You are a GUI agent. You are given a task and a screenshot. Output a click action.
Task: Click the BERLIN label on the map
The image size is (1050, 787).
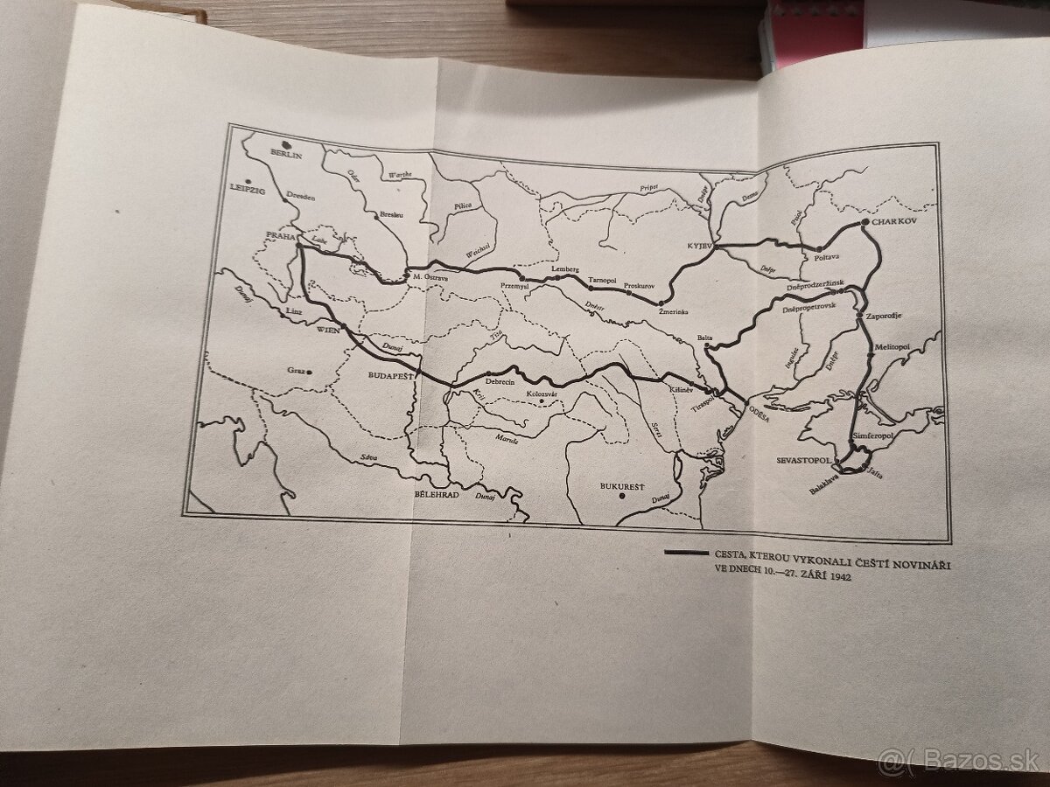[286, 155]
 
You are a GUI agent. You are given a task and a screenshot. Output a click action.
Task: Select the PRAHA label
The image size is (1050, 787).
[280, 235]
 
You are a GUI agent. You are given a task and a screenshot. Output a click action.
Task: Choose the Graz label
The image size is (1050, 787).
[297, 370]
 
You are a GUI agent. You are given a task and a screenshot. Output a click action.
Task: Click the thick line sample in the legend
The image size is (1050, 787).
[685, 553]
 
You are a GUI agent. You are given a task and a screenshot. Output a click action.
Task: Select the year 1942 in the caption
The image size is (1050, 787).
[836, 578]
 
